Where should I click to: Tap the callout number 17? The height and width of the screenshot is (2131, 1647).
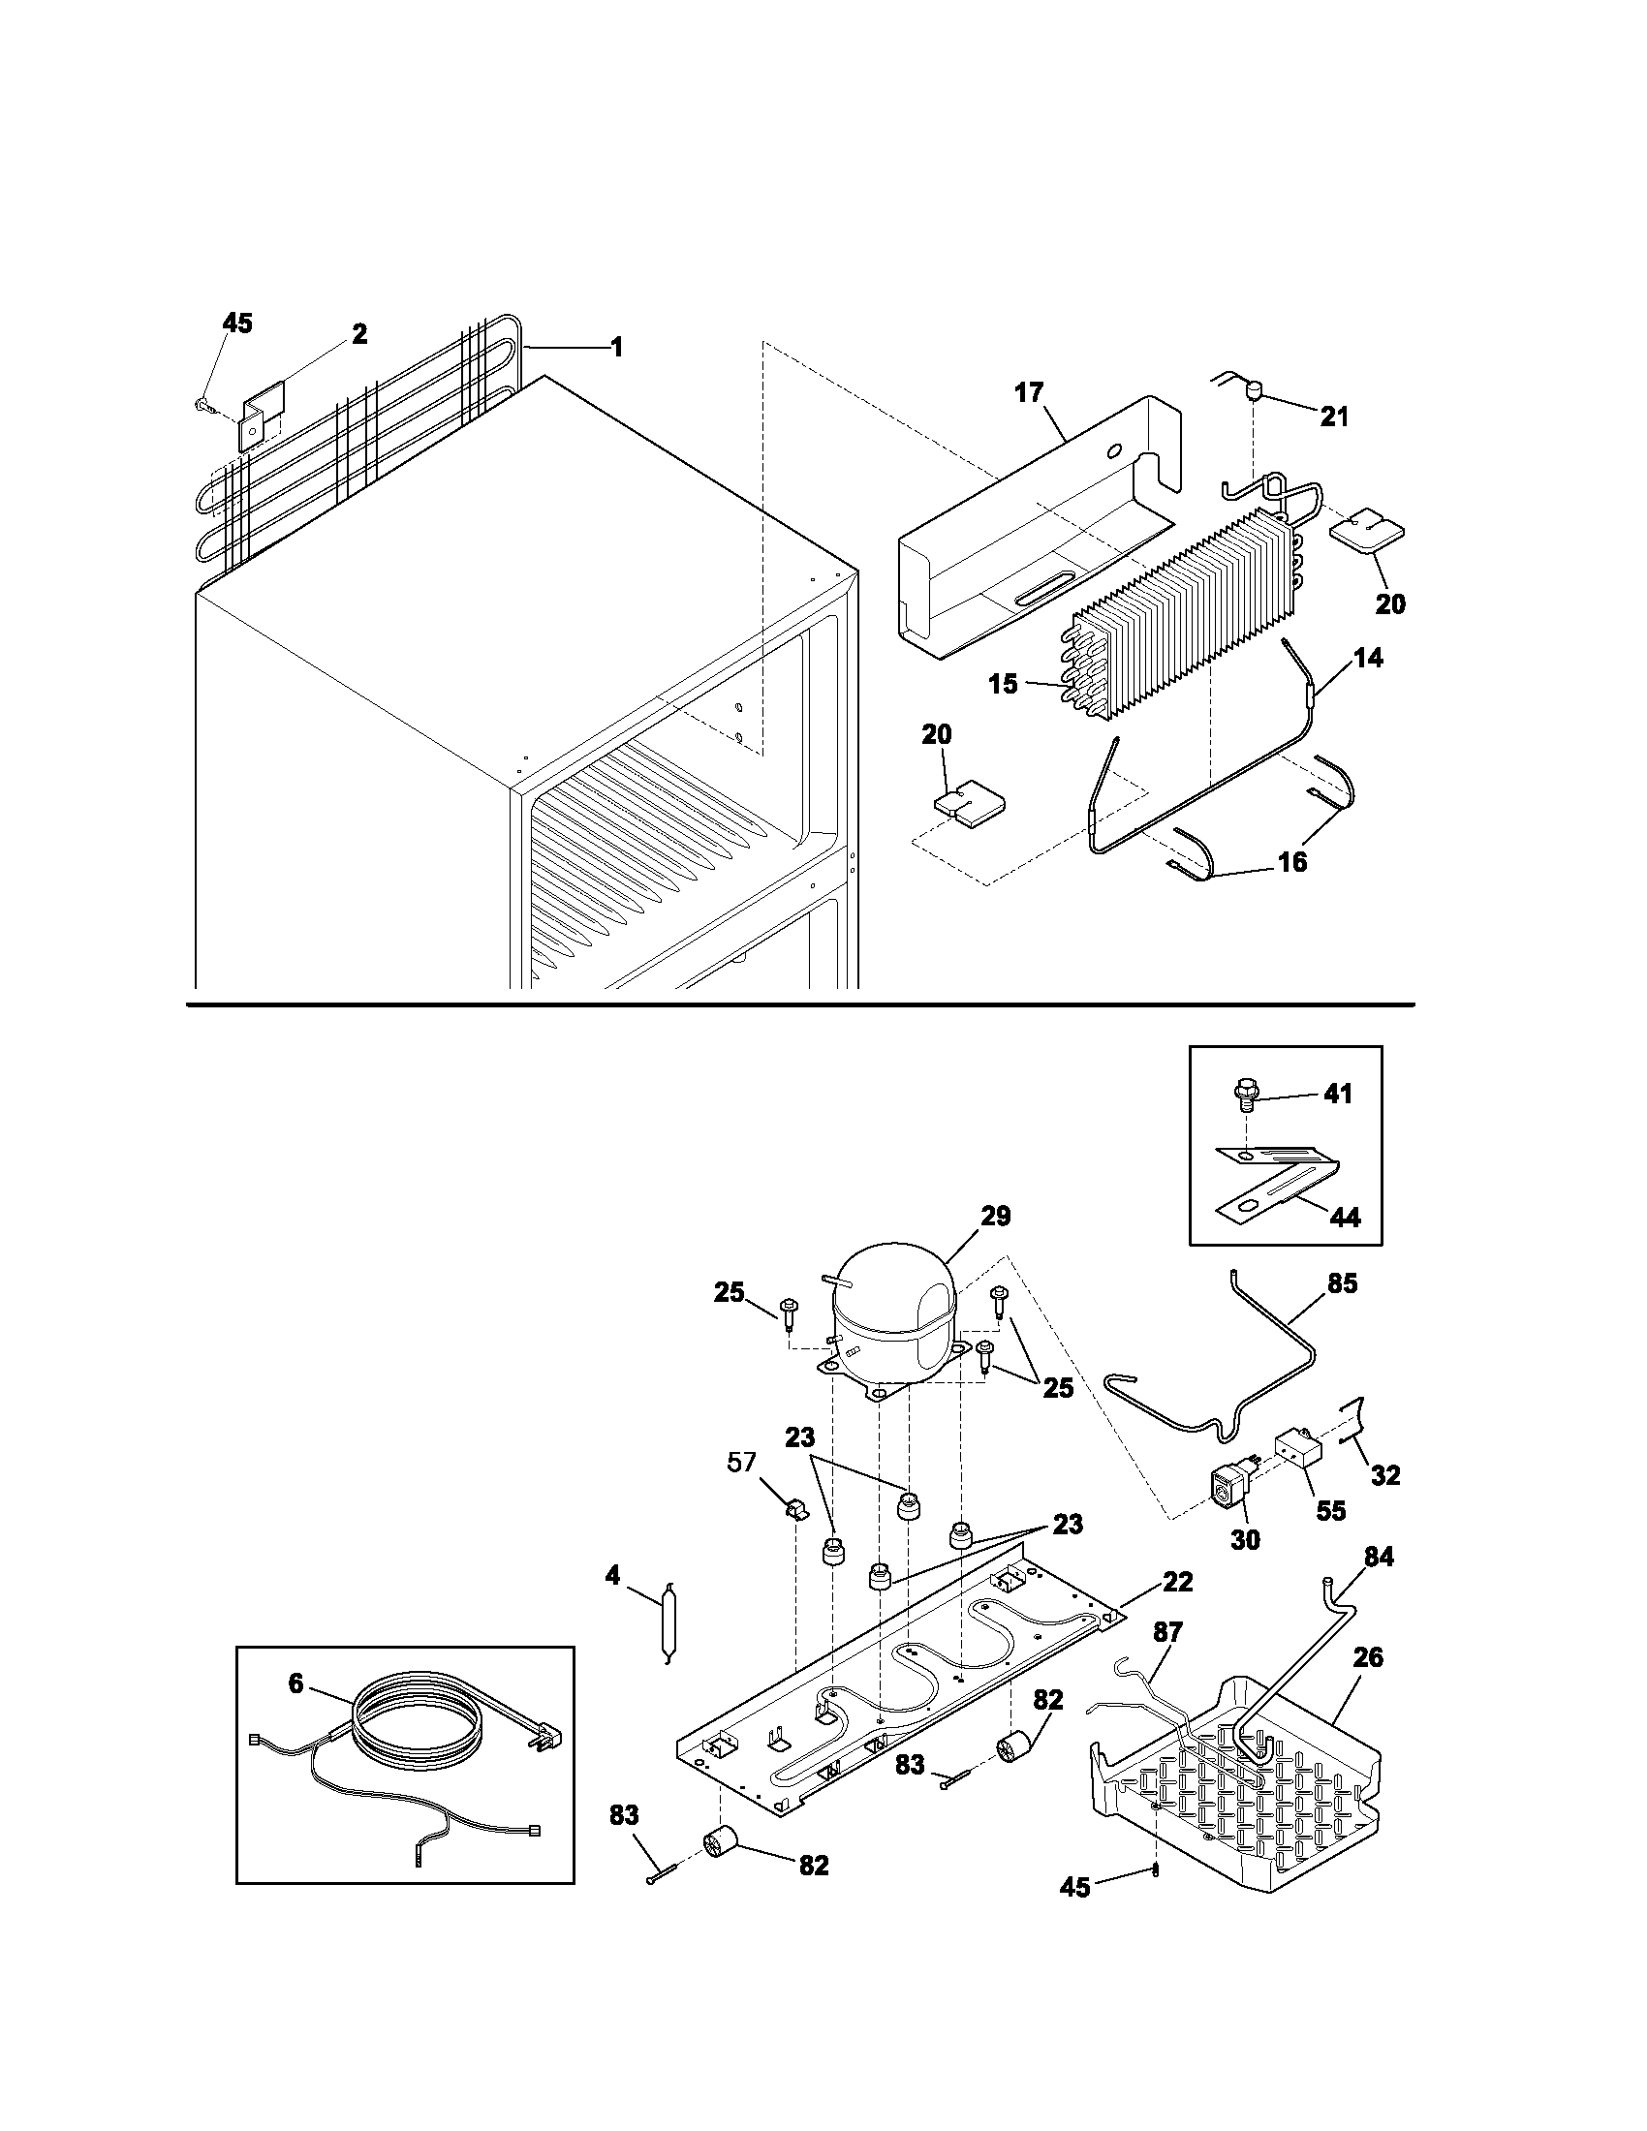(x=1028, y=393)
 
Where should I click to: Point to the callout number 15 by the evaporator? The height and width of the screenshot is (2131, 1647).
(x=1003, y=684)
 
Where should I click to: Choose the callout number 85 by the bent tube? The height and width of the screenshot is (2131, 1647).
(x=1342, y=1284)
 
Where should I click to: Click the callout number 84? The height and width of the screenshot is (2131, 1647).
(x=1378, y=1558)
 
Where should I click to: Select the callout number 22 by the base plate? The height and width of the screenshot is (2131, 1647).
(x=1178, y=1582)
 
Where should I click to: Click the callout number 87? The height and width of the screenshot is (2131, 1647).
(x=1168, y=1631)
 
